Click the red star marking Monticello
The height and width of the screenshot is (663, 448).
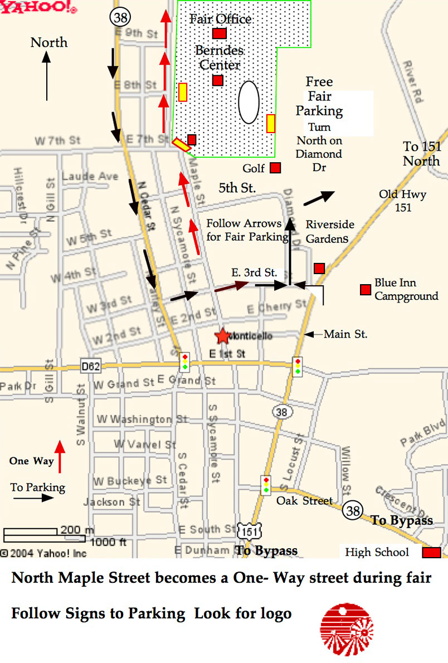pos(222,335)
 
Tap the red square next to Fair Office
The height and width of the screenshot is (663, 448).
pos(219,33)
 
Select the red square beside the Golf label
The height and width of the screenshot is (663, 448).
pos(275,168)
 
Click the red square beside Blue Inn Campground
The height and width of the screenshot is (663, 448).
pos(366,290)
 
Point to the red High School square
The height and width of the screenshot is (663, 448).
pos(432,553)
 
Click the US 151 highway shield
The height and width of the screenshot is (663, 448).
pos(250,532)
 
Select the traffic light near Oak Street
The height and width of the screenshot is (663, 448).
pos(266,484)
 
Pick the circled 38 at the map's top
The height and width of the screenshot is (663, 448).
pos(120,17)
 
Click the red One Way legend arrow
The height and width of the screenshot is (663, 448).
pos(60,456)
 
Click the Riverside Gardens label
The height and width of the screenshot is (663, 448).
pos(330,231)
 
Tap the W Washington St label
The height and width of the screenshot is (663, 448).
pos(142,419)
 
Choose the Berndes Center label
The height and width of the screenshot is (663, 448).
pos(219,57)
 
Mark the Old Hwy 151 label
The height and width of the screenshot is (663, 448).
pos(403,201)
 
